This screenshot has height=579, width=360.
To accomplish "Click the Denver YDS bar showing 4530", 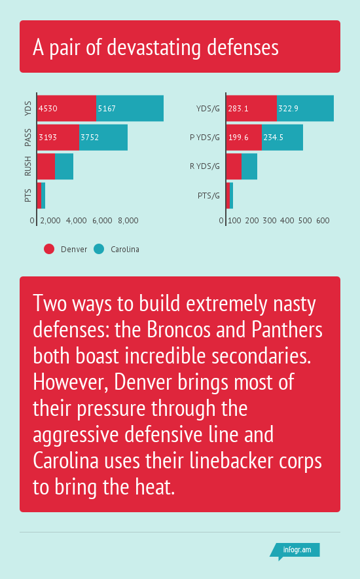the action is click(x=67, y=108).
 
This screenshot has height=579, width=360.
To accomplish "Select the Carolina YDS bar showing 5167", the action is click(x=130, y=108).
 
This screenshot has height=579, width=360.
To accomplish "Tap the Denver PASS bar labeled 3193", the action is click(x=58, y=138).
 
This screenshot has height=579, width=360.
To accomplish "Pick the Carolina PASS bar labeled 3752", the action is click(x=103, y=138).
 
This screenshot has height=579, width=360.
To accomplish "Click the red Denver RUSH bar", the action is click(x=46, y=166).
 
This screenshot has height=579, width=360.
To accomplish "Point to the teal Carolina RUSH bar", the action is click(x=64, y=166).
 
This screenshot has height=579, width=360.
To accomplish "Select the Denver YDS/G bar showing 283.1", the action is click(x=251, y=108).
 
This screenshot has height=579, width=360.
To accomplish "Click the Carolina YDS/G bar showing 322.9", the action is click(x=306, y=108).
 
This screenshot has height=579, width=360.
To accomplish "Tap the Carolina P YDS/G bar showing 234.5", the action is click(x=283, y=138).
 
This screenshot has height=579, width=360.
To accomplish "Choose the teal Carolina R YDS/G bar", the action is click(x=249, y=166).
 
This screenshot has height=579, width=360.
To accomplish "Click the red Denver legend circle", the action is click(x=49, y=249).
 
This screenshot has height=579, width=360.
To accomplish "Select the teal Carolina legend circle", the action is click(x=99, y=249).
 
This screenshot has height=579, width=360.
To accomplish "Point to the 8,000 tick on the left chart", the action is click(x=128, y=221).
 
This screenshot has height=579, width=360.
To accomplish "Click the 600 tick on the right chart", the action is click(x=323, y=221).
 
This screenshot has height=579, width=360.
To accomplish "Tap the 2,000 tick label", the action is click(x=50, y=221).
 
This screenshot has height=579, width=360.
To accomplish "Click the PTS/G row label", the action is click(x=209, y=195).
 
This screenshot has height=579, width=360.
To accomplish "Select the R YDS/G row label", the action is click(x=205, y=166).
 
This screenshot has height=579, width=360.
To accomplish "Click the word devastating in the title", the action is click(x=154, y=48).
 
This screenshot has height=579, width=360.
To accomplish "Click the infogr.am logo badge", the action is click(x=295, y=551).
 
